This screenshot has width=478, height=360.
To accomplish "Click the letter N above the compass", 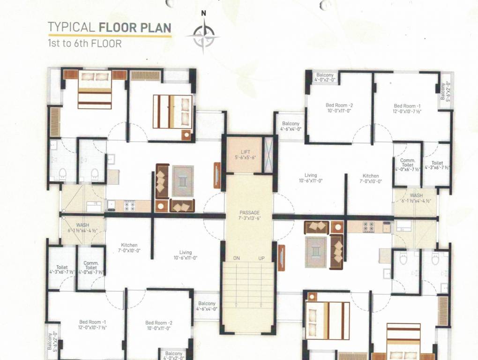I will click(203, 14).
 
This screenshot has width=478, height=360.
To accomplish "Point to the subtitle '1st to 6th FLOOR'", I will click(84, 44).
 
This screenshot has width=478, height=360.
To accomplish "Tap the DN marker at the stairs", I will click(237, 258).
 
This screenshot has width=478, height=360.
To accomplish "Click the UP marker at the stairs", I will click(261, 258).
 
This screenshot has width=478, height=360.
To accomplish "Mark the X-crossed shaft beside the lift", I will click(268, 154).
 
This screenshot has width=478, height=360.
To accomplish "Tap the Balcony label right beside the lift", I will click(291, 126).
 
